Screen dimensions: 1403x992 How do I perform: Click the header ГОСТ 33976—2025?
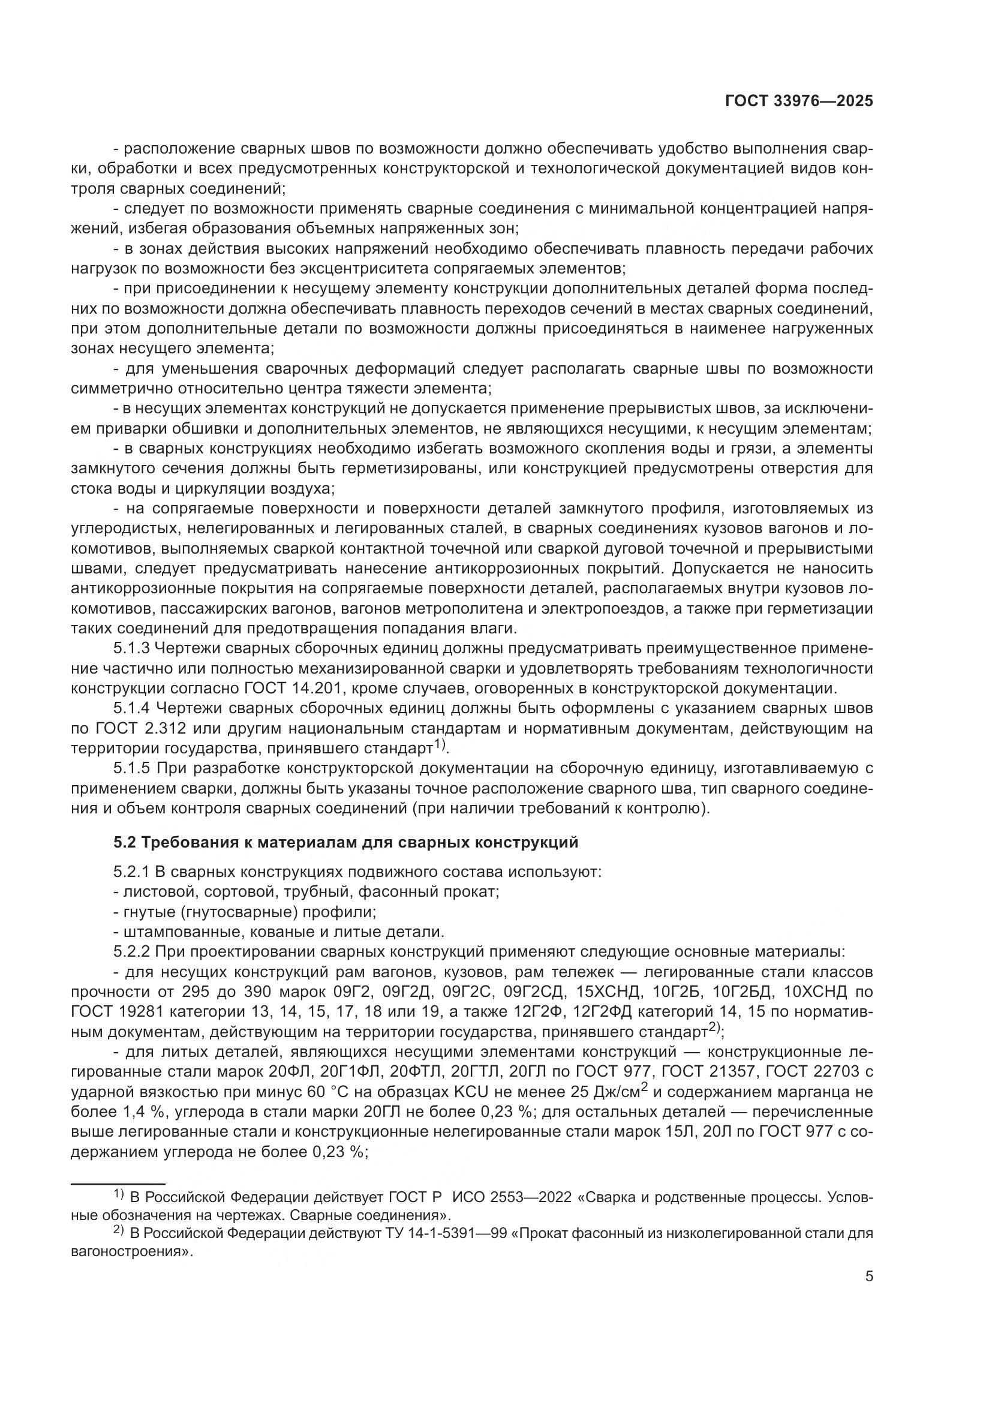pyautogui.click(x=798, y=101)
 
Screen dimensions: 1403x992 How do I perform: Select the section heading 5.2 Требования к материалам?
pyautogui.click(x=345, y=843)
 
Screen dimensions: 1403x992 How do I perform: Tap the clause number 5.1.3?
pyautogui.click(x=131, y=648)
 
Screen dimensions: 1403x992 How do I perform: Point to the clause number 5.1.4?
pyautogui.click(x=131, y=708)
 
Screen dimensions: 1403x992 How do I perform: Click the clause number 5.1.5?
pyautogui.click(x=131, y=768)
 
